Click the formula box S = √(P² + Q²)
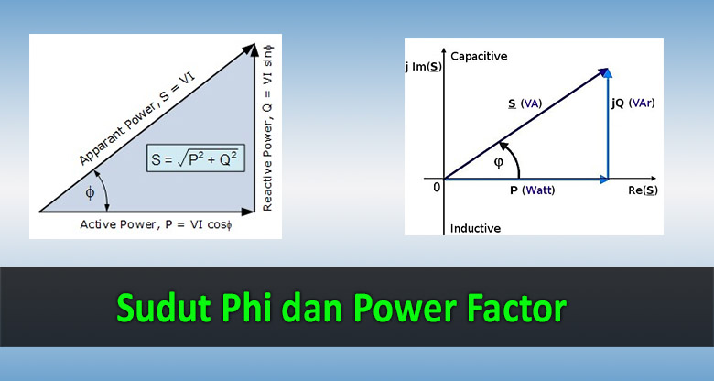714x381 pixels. pyautogui.click(x=192, y=159)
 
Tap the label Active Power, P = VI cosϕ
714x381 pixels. pyautogui.click(x=158, y=223)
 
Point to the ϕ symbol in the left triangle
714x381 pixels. pyautogui.click(x=90, y=192)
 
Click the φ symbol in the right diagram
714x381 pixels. pyautogui.click(x=499, y=162)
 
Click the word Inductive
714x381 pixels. pyautogui.click(x=475, y=227)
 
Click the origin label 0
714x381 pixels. pyautogui.click(x=437, y=187)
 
